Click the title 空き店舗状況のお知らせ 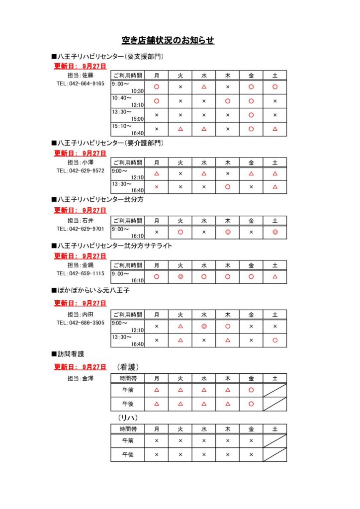[x=168, y=40]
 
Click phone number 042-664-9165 [x=81, y=84]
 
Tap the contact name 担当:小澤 [x=81, y=162]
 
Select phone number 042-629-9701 [x=81, y=229]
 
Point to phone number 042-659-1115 [x=81, y=273]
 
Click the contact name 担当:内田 [x=81, y=315]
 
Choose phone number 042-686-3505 [x=81, y=323]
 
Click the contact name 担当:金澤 [x=81, y=379]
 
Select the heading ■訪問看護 [x=68, y=354]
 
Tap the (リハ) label [x=128, y=417]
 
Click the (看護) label [x=128, y=367]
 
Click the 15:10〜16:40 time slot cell [x=128, y=129]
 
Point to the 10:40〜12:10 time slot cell [x=128, y=101]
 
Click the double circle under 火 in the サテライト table [x=180, y=276]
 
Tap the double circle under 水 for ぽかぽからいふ [x=204, y=327]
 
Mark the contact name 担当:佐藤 [x=81, y=76]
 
